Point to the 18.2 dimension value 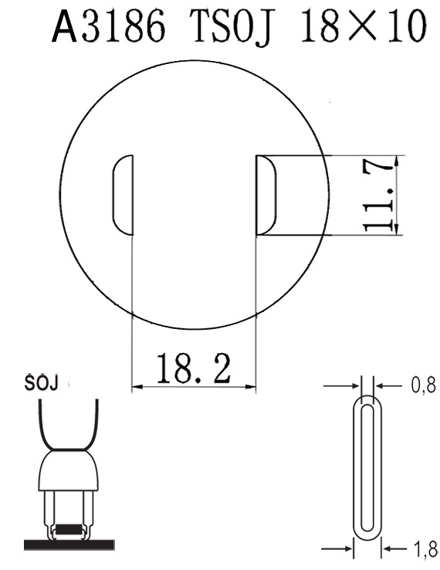coord(194,369)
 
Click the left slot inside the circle coord(124,195)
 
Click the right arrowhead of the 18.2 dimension coord(249,386)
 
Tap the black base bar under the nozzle coord(69,545)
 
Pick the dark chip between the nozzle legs coord(69,531)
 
